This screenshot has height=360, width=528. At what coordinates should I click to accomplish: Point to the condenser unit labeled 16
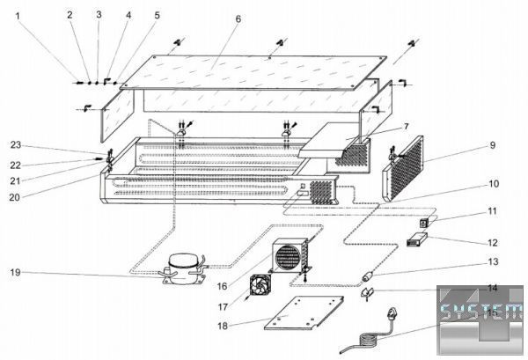(289, 258)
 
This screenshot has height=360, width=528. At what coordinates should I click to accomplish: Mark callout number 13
(493, 261)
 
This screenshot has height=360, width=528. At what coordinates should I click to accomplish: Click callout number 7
(405, 127)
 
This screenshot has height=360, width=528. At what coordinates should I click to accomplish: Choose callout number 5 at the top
(157, 16)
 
